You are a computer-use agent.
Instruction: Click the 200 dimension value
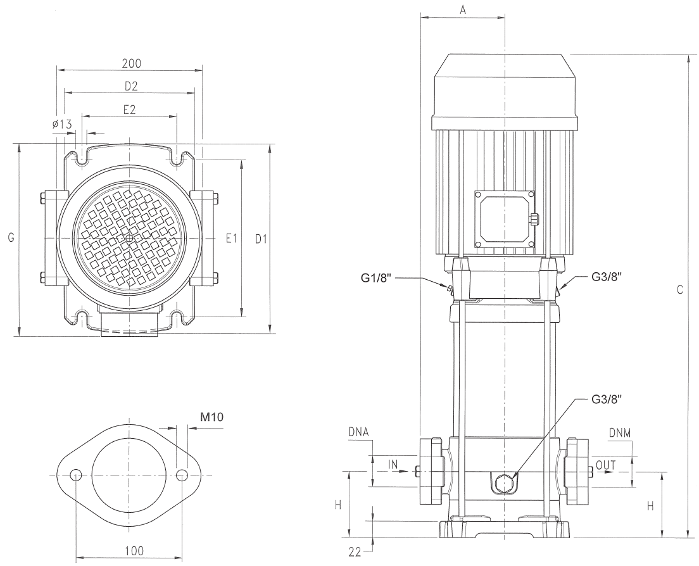coord(132,63)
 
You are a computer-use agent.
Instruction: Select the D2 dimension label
coord(131,85)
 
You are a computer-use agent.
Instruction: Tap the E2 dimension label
coord(130,109)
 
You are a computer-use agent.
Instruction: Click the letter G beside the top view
coord(9,237)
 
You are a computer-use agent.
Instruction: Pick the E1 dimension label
coord(231,238)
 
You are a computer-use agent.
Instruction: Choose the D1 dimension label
coord(261,238)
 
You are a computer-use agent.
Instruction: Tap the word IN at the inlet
coord(393,465)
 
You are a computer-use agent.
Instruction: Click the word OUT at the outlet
coord(606,465)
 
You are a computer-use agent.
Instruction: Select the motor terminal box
coord(505,218)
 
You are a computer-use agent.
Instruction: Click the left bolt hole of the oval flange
coord(76,475)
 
